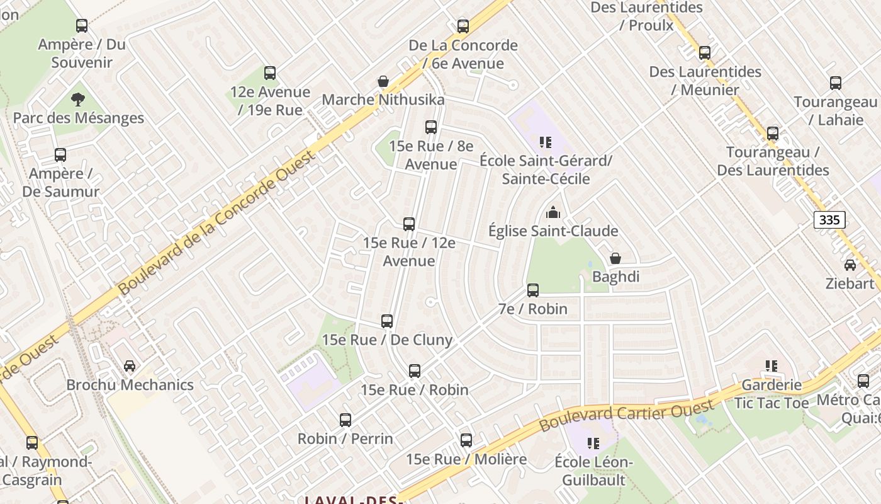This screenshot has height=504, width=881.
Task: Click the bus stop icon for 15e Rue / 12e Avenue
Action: point(409,224)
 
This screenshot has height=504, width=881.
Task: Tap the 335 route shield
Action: point(829,220)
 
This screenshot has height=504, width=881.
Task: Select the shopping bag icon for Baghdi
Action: point(615,258)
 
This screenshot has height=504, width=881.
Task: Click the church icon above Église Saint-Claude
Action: point(553,212)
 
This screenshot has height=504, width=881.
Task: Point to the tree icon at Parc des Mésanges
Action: point(78,100)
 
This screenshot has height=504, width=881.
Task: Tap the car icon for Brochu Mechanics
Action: point(130,366)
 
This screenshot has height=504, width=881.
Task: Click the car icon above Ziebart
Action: point(850,265)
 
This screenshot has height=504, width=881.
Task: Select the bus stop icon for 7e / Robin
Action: point(533,290)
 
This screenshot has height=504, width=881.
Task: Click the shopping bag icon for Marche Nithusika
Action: point(383,81)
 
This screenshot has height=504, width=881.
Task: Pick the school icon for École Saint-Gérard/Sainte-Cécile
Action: point(545,142)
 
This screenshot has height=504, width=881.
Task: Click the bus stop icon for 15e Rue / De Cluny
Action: point(387,321)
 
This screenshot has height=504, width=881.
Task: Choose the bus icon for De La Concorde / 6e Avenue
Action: point(463,26)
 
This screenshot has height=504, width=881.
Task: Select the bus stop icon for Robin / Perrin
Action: point(345,420)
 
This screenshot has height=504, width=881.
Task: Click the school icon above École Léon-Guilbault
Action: point(593,444)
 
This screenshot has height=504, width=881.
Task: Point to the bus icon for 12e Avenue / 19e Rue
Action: point(270,73)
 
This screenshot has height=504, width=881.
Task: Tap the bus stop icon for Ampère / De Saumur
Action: point(60,155)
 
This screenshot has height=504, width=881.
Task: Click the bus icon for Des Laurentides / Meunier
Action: point(705,53)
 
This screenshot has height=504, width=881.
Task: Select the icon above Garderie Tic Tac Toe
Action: point(772,366)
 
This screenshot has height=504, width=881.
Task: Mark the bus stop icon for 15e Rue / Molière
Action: point(466,440)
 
